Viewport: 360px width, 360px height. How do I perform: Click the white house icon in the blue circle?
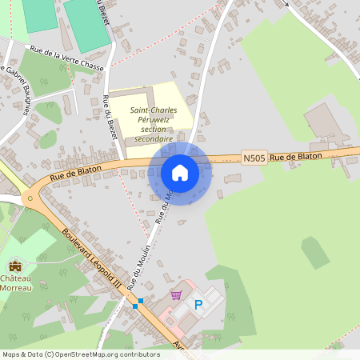[180, 172]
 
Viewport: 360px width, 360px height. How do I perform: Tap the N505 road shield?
[253, 159]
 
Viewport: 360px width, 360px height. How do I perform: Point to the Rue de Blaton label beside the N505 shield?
[295, 158]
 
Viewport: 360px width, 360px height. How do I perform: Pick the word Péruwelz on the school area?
[154, 120]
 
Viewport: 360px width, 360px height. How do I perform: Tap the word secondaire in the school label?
[154, 138]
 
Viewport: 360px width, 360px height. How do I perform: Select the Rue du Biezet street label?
[110, 117]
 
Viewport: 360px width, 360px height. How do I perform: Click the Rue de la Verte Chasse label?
[67, 58]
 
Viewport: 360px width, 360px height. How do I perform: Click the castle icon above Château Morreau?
[14, 266]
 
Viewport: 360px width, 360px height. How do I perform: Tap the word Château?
[16, 278]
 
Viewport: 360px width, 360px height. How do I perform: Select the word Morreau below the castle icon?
[16, 287]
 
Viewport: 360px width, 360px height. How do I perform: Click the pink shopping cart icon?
[176, 295]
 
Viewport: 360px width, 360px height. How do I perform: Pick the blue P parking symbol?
[199, 304]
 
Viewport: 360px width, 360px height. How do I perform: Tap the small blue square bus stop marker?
[139, 302]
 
